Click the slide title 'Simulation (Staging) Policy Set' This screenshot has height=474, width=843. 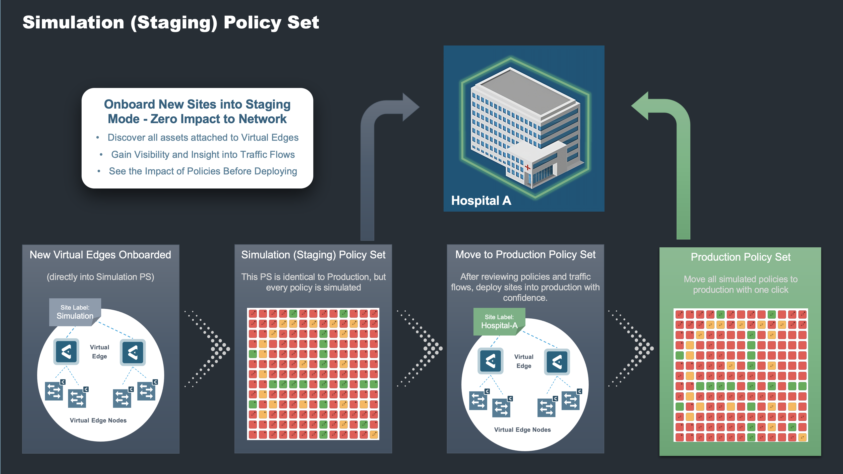tap(170, 23)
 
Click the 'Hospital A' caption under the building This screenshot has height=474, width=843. tap(481, 201)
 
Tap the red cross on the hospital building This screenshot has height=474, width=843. tap(527, 167)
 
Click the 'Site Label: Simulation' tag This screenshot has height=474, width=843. tap(75, 312)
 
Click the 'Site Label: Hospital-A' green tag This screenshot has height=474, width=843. tap(499, 322)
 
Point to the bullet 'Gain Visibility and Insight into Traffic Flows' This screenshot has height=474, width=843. tap(203, 154)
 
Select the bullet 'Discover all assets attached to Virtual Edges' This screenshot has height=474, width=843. tap(203, 137)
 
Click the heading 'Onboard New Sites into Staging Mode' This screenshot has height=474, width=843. tap(197, 111)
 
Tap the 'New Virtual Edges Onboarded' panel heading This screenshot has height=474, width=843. tap(100, 255)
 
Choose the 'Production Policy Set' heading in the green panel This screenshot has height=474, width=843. tap(741, 257)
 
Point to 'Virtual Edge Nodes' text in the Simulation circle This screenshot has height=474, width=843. tap(98, 420)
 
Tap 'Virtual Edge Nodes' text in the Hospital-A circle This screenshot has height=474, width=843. tap(523, 430)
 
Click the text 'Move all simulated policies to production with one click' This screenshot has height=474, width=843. tap(741, 284)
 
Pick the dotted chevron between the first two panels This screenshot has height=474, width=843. tap(207, 349)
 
